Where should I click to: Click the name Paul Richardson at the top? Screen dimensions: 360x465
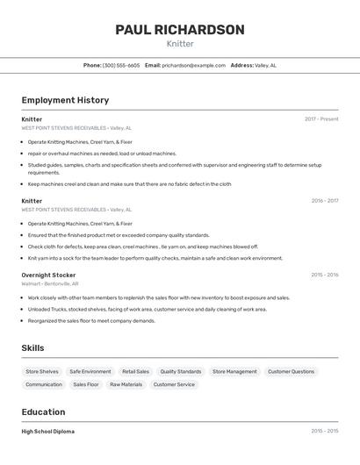(x=180, y=30)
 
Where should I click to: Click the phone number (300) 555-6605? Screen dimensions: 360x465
(x=121, y=65)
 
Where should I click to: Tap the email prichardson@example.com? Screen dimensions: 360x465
(x=193, y=65)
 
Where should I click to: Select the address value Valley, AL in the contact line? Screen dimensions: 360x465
(x=265, y=65)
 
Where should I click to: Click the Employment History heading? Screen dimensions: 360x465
(x=65, y=101)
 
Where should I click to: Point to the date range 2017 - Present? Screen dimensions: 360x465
(x=321, y=119)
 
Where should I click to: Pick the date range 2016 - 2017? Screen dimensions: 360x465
(x=324, y=201)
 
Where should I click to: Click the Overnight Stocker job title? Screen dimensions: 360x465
(x=48, y=275)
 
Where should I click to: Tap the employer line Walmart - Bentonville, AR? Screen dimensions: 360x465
(x=50, y=284)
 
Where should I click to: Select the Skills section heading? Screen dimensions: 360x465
(x=32, y=348)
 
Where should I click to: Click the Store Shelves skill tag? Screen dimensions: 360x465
(x=42, y=372)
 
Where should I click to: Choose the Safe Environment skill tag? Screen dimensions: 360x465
(x=90, y=372)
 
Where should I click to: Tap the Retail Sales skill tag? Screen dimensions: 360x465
(x=135, y=372)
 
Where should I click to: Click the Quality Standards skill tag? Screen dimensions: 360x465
(x=181, y=372)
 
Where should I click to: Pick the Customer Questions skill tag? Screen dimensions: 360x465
(x=291, y=372)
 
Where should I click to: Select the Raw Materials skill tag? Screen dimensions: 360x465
(x=126, y=384)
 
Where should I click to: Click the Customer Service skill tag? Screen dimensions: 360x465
(x=174, y=384)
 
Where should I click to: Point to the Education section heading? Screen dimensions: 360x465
(x=43, y=412)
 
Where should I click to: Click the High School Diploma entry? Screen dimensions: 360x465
(x=48, y=432)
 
